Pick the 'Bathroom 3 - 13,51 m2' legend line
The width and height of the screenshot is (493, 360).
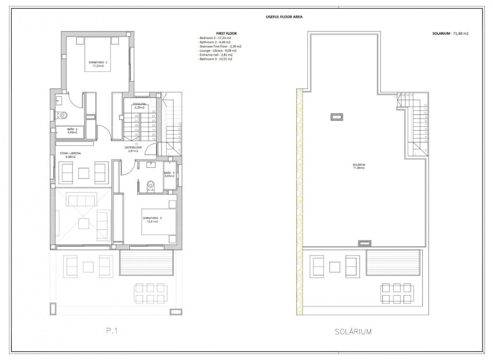[x=217, y=59]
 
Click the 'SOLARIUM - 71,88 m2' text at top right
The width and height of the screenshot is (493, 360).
[x=450, y=34]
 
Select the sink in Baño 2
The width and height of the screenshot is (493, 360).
[x=60, y=100]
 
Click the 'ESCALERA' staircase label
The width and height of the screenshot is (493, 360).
[x=139, y=105]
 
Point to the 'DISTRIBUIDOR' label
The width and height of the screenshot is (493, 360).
[x=134, y=148]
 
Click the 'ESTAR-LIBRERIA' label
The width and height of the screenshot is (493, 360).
[x=70, y=154]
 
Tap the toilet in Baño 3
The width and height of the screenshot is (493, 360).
[x=151, y=185]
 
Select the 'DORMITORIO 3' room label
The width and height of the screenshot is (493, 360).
[x=153, y=219]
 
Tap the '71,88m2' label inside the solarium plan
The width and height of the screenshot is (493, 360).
[x=359, y=168]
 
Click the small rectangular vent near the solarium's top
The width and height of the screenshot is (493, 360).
[x=336, y=117]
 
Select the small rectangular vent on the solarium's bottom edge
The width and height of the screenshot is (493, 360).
[x=364, y=243]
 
